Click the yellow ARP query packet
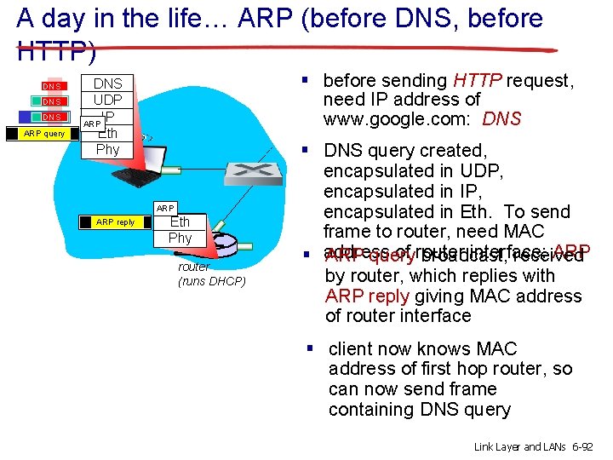[43, 133]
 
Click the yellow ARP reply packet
[115, 222]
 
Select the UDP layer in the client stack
[107, 100]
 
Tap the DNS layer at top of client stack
[107, 83]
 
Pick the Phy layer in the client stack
[107, 149]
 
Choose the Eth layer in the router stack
[180, 222]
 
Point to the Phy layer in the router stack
[180, 238]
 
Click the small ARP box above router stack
[165, 208]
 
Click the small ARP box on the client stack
[92, 124]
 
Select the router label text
[193, 267]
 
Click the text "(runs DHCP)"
[211, 281]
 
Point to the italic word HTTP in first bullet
[478, 81]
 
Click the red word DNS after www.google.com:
[501, 119]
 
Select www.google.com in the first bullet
[399, 119]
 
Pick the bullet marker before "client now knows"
[312, 348]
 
